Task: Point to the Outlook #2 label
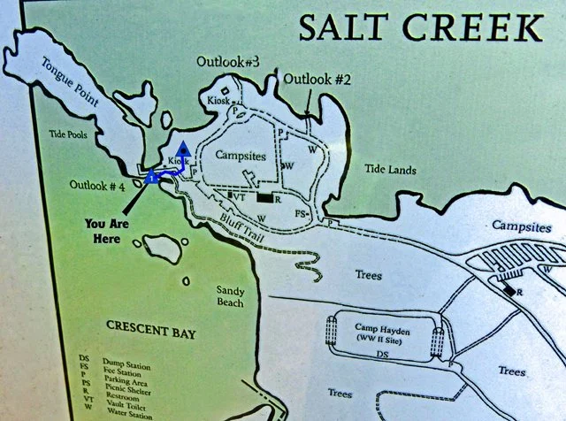(317, 79)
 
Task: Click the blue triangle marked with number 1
(153, 177)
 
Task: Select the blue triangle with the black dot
(183, 150)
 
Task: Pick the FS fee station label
(301, 213)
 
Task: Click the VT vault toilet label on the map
(239, 196)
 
